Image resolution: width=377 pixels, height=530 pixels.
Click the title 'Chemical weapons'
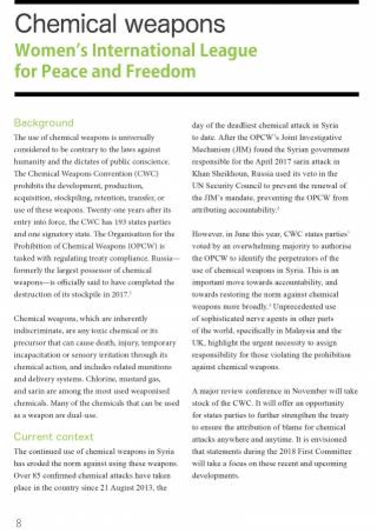(x=119, y=24)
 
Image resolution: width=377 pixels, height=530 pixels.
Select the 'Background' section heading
(x=44, y=123)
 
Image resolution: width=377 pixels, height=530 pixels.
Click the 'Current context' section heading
(x=54, y=436)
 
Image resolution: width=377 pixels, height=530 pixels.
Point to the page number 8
(x=18, y=522)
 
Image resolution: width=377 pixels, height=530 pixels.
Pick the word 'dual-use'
(x=74, y=415)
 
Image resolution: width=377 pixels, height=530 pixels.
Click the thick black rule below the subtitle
(x=186, y=94)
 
